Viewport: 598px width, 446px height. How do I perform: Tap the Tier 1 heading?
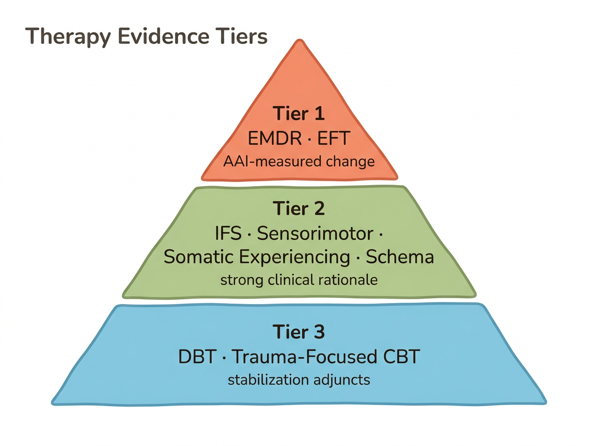[299, 113]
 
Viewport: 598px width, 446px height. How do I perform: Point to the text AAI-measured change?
[299, 162]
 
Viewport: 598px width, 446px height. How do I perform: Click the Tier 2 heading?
[299, 208]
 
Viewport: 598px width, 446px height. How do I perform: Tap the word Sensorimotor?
[316, 233]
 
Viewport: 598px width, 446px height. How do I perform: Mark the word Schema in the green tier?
[400, 257]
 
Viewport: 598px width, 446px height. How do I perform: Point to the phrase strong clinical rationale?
[299, 280]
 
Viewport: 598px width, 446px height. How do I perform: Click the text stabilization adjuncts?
[299, 380]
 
